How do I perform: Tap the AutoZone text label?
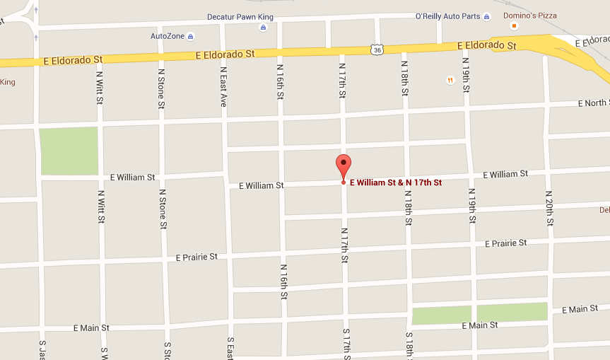click(168, 36)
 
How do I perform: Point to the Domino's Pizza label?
click(529, 15)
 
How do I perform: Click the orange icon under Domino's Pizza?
click(514, 26)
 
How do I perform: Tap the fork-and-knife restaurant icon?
click(450, 80)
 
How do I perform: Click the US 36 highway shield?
click(377, 49)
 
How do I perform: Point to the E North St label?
click(592, 103)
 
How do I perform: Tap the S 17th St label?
click(346, 344)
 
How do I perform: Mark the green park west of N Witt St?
click(69, 151)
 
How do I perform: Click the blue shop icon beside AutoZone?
click(190, 36)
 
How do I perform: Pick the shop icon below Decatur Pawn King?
click(263, 28)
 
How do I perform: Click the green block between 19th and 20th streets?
click(512, 312)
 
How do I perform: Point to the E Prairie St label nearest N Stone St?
click(197, 257)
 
